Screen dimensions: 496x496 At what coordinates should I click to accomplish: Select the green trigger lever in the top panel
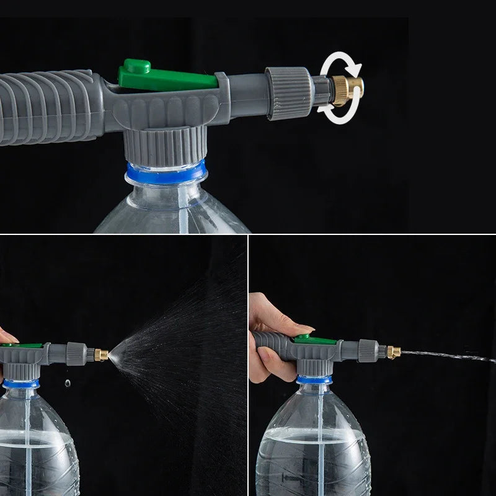[165, 76]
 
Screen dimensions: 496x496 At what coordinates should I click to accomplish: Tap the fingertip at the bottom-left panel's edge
[6, 338]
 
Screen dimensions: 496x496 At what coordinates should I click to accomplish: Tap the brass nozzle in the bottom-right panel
[392, 353]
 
